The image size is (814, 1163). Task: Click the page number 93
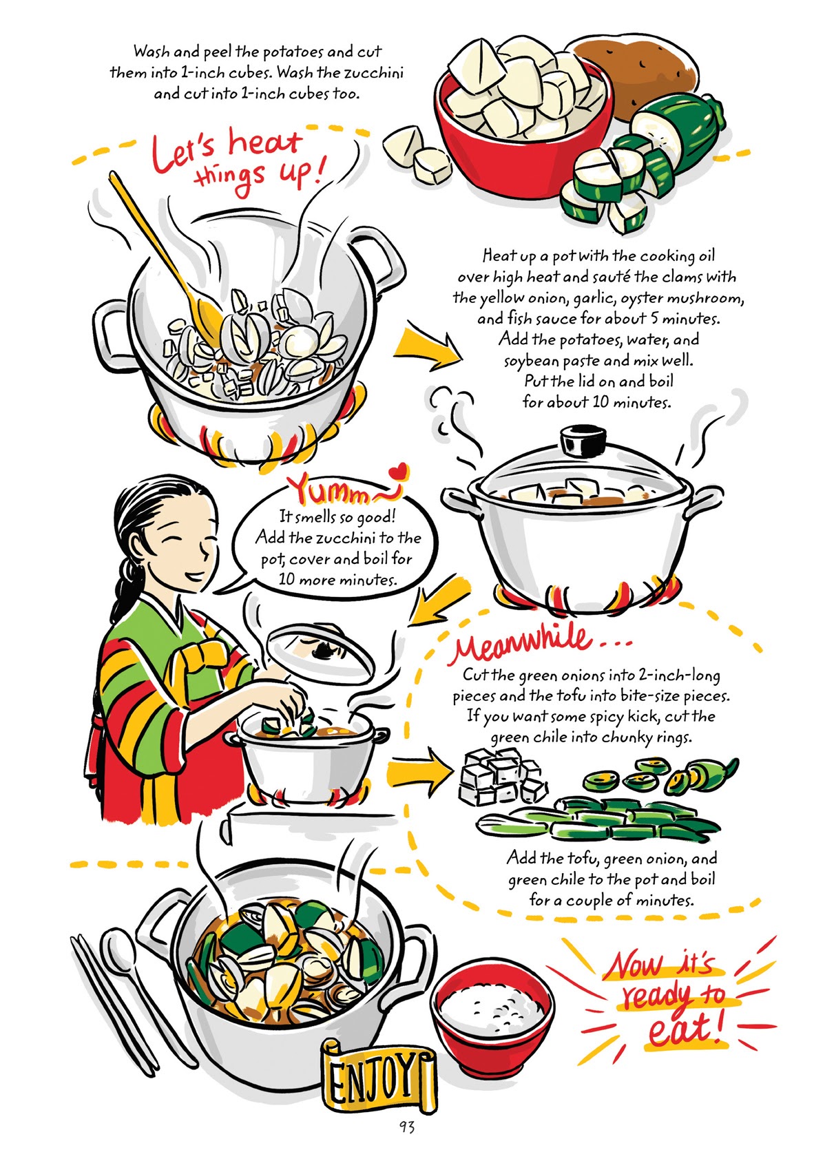[406, 1127]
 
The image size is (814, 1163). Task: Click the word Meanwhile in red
[523, 645]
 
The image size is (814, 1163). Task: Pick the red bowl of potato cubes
[523, 117]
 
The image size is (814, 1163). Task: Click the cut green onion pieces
[606, 819]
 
